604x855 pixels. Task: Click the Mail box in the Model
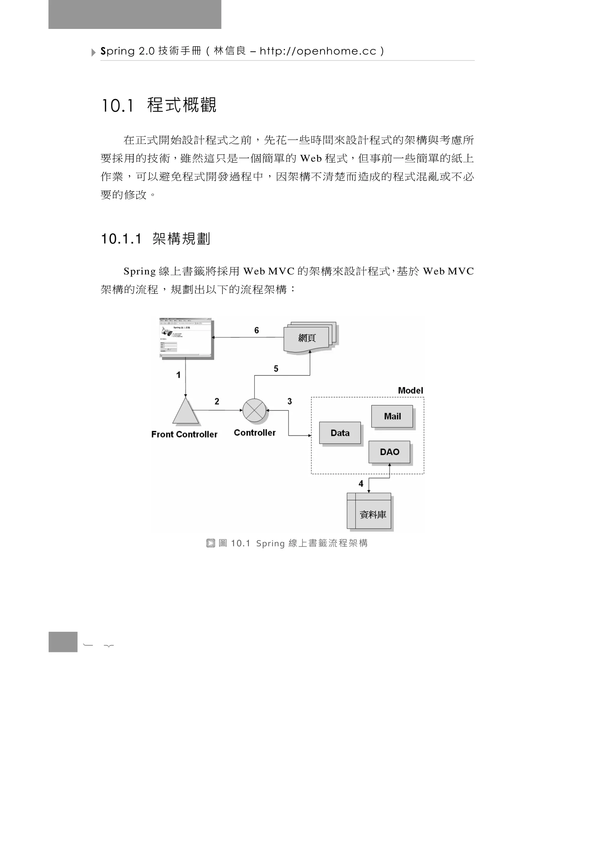pos(392,416)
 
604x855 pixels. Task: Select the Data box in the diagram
pos(340,433)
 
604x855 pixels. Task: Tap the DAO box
pos(389,452)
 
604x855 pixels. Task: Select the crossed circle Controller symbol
pos(255,410)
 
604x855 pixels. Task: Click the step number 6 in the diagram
pos(256,330)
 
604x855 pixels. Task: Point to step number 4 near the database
pos(361,483)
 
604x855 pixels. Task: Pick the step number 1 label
pos(178,375)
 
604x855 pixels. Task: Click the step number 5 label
pos(276,369)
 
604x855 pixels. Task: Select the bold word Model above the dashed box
pos(410,390)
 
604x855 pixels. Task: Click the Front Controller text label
pos(184,434)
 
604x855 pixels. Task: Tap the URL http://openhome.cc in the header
pos(318,51)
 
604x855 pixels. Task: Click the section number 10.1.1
pos(121,239)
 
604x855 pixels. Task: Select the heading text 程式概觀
pos(182,105)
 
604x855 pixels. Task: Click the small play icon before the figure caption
pos(210,543)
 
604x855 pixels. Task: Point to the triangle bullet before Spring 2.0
pos(93,53)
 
